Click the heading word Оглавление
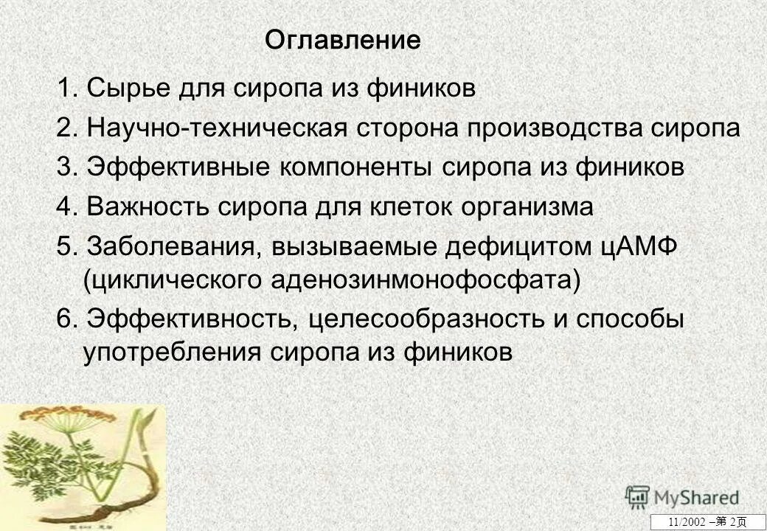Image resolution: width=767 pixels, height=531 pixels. point(343,40)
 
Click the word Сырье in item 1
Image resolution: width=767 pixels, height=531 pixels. point(128,89)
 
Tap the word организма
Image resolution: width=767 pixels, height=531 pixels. point(527,207)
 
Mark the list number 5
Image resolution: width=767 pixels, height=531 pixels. point(64,247)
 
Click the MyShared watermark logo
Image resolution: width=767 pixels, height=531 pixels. point(681,497)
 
